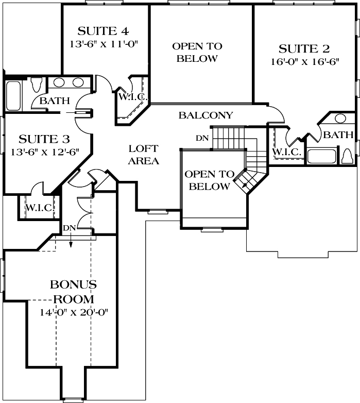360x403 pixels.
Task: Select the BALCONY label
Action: click(205, 115)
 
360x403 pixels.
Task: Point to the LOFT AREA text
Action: click(143, 155)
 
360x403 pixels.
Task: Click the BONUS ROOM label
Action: click(73, 291)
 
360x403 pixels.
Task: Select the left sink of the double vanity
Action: click(59, 82)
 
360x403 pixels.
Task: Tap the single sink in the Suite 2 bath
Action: click(340, 119)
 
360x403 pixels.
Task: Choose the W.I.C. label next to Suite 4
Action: click(133, 97)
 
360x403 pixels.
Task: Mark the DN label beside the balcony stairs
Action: click(202, 138)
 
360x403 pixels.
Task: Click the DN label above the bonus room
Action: click(70, 227)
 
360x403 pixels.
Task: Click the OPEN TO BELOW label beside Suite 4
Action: click(197, 52)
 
